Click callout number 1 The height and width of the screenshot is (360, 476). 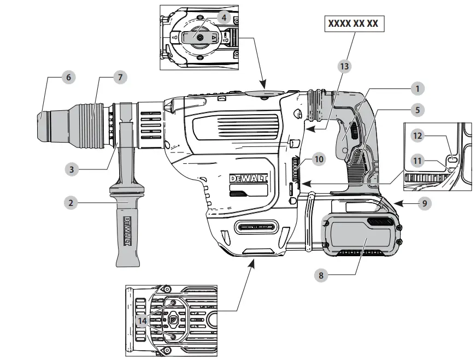[x=418, y=88]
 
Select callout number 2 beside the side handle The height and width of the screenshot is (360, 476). [x=70, y=203]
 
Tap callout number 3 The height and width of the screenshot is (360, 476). [x=70, y=169]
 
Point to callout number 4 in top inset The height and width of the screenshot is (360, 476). [x=224, y=17]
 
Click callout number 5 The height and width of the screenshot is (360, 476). [x=418, y=110]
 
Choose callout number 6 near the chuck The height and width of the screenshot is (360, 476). [x=68, y=78]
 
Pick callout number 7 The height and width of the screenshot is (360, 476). [x=120, y=78]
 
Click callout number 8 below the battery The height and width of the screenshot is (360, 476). [x=321, y=275]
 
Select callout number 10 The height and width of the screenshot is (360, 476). [x=319, y=160]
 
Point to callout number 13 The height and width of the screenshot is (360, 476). [x=344, y=66]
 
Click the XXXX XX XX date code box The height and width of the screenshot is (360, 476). [x=353, y=24]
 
